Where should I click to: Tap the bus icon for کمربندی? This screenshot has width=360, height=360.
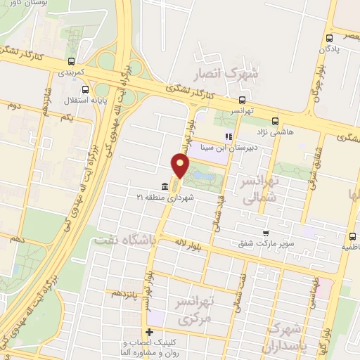[71, 61]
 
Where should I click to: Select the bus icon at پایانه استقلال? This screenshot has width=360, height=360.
[86, 89]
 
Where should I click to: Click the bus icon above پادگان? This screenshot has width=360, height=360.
[329, 39]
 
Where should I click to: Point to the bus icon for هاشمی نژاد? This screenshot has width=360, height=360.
[275, 120]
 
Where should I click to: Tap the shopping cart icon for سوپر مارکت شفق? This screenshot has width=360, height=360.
[266, 233]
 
